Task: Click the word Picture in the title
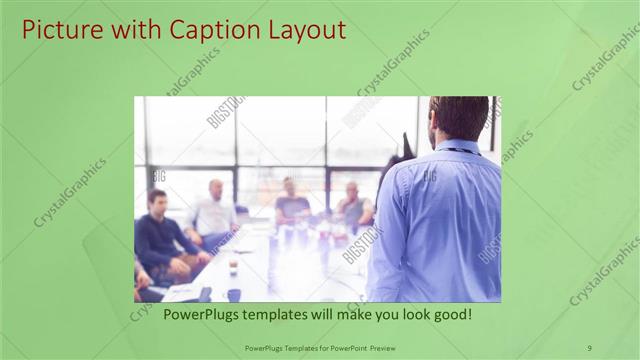point(61,30)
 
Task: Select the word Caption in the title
point(210,30)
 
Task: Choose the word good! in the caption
point(449,314)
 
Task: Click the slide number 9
point(589,347)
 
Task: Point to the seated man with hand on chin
point(352,207)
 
